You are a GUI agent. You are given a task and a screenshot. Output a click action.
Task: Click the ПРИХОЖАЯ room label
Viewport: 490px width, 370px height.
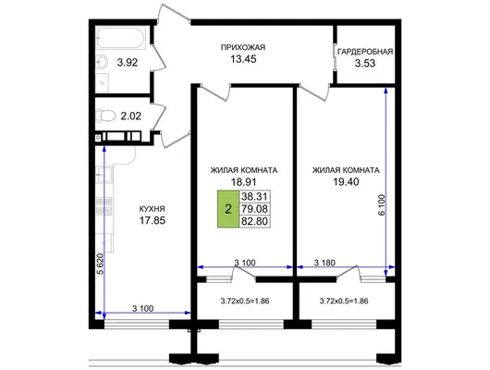(243, 47)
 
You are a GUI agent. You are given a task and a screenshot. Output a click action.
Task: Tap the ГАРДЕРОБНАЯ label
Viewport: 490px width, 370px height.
(365, 52)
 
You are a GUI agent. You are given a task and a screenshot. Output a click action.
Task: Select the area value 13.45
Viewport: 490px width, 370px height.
(243, 59)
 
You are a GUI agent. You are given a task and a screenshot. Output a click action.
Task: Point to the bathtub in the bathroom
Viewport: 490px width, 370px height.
(121, 38)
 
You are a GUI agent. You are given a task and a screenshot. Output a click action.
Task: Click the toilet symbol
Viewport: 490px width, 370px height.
(105, 116)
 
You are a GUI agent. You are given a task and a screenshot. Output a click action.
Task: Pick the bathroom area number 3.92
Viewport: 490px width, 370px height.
(128, 63)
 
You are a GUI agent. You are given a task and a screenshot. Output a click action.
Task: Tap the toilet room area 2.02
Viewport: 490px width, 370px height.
(131, 116)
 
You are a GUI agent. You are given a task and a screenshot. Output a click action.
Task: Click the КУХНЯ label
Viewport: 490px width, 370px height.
(152, 209)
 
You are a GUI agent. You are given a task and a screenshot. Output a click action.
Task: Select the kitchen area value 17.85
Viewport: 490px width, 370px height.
(153, 220)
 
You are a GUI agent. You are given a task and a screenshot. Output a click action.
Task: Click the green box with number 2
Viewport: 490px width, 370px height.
(228, 209)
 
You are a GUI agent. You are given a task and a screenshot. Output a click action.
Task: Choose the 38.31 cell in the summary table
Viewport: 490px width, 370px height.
(254, 196)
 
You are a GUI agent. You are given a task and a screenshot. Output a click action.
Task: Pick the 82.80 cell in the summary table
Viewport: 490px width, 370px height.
(254, 221)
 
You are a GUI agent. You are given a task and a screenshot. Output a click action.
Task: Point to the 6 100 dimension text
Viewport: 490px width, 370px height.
(382, 204)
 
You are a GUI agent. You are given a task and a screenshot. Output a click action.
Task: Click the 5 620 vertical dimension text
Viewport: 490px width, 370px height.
(100, 264)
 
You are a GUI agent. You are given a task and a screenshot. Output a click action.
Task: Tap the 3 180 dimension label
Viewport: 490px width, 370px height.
(325, 263)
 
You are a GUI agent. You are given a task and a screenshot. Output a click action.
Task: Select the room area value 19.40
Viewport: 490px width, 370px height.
(346, 181)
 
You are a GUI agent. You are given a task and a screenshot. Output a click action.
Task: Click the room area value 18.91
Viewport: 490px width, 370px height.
(243, 181)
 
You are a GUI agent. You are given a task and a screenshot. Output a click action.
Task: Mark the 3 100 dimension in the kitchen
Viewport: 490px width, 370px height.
(142, 309)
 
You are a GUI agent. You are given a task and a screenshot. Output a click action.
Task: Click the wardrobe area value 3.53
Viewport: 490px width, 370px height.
(365, 63)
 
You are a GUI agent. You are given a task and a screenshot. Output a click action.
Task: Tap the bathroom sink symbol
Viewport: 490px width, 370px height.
(102, 62)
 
